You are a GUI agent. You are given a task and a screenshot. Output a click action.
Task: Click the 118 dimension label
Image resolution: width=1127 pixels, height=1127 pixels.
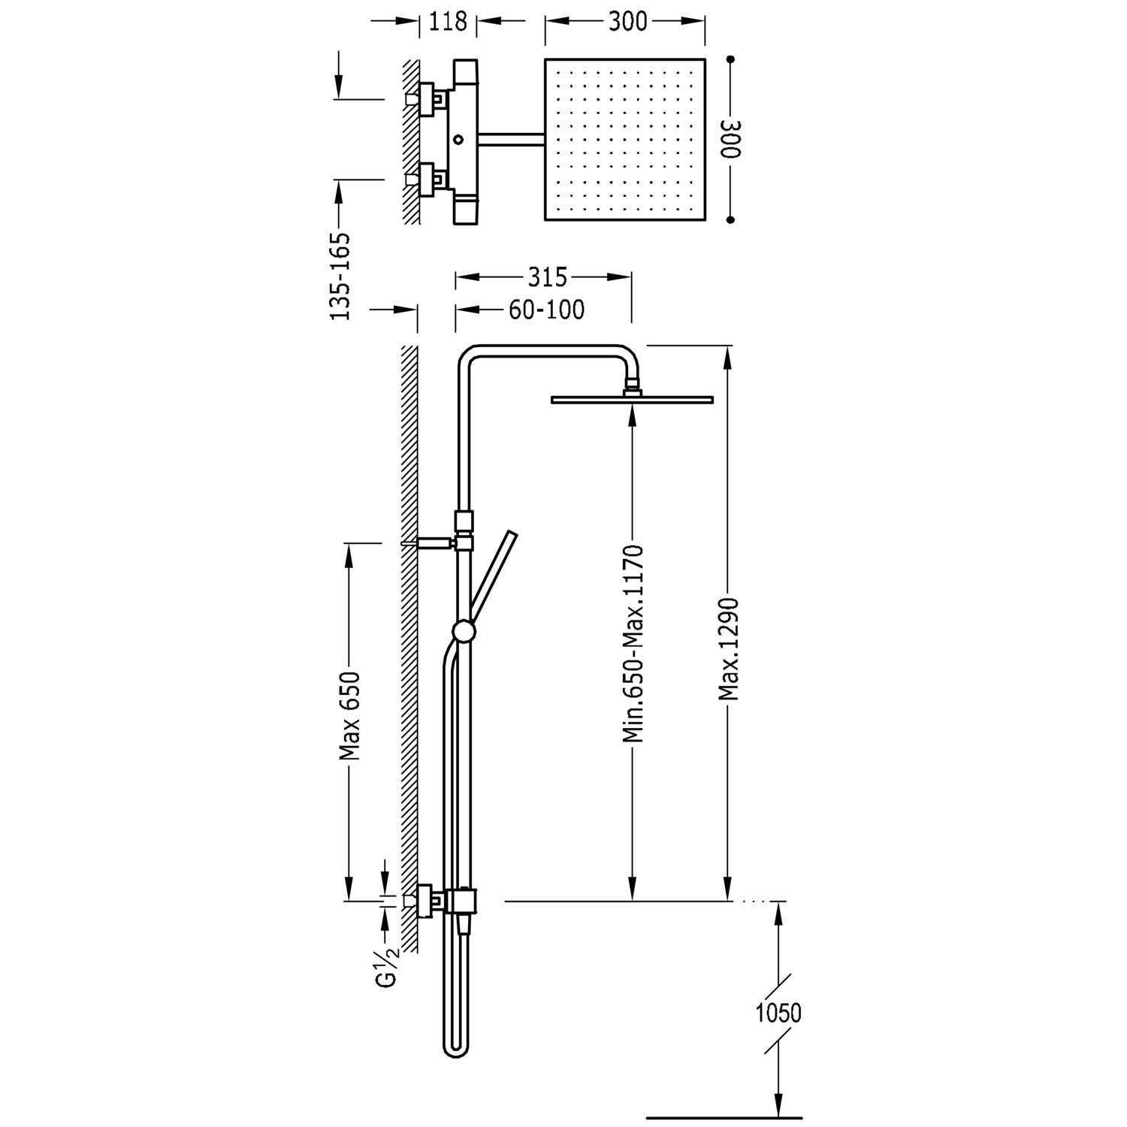[448, 21]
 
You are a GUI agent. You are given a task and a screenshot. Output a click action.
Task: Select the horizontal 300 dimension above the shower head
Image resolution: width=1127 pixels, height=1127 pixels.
[627, 21]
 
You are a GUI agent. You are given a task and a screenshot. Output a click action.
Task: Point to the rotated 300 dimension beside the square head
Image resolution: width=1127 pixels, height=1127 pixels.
[730, 139]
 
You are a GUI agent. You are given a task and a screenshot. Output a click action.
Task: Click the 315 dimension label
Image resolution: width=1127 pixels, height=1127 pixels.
[546, 277]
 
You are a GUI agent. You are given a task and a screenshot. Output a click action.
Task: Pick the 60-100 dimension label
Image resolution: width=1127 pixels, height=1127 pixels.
[546, 309]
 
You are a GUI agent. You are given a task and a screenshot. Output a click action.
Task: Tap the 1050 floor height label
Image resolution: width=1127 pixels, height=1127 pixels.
[778, 1013]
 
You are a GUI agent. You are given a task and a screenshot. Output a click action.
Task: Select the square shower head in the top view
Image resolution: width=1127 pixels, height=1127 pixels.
[625, 139]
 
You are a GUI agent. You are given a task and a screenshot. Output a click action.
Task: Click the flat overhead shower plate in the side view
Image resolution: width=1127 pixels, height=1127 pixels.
[632, 399]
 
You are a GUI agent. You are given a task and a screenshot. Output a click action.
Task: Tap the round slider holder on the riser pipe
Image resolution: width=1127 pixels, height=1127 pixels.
[464, 631]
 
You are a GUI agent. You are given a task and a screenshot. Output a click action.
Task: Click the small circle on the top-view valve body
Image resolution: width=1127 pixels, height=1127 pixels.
[459, 140]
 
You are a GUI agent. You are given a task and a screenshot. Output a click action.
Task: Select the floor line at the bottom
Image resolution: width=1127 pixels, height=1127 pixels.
[724, 1117]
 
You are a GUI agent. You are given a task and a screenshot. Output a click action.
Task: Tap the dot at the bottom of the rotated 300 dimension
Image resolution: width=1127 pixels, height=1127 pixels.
[730, 220]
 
